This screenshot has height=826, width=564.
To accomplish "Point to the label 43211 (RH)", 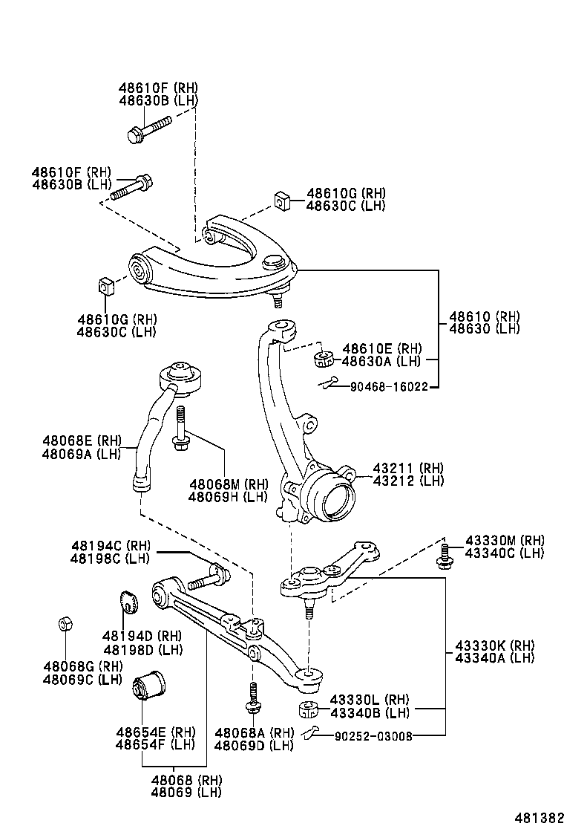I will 407,468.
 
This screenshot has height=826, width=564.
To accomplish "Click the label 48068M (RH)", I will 228,484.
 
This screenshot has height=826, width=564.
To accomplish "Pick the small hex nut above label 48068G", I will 65,624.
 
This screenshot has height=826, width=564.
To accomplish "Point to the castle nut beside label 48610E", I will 322,359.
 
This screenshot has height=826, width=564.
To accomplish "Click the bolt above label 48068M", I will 180,431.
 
